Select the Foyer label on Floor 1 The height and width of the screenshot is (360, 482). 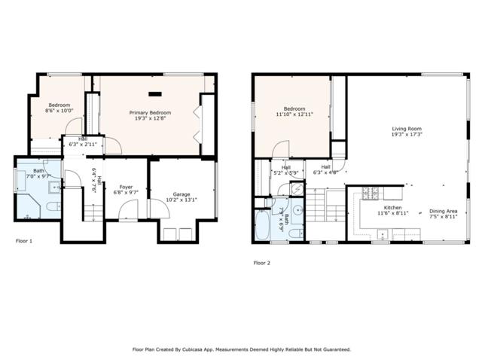(x=125, y=187)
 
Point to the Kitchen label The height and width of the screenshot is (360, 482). (x=393, y=207)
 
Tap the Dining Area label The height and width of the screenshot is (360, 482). (x=442, y=212)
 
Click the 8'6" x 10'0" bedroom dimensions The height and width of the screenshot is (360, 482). (x=59, y=111)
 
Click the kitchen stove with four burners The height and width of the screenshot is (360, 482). (x=371, y=194)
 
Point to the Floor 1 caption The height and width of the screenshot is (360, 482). (x=25, y=242)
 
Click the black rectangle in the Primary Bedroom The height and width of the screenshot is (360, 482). (x=156, y=94)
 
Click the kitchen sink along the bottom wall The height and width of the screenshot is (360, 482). (x=382, y=235)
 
